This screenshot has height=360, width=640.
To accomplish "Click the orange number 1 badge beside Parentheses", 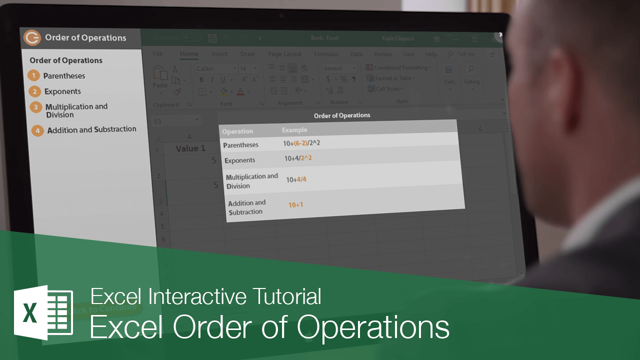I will point(33,76).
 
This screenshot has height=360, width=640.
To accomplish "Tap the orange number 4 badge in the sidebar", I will point(37,130).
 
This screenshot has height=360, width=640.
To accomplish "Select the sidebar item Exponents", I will point(62,91).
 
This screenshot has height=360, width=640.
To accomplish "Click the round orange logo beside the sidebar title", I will point(32,38).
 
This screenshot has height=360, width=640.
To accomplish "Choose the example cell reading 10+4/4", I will point(296,179).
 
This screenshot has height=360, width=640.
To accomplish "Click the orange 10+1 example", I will point(296,204).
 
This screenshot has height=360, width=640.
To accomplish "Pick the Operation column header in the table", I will point(237,131).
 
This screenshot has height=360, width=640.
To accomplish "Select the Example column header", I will point(294,130).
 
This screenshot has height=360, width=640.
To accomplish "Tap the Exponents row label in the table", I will point(240,160).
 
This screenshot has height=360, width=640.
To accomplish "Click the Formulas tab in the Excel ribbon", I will point(326,54).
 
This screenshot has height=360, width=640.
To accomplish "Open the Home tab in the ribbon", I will point(189,54).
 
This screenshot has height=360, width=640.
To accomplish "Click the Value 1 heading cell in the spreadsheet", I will point(190,148).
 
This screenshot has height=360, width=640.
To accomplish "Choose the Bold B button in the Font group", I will point(201,80).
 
